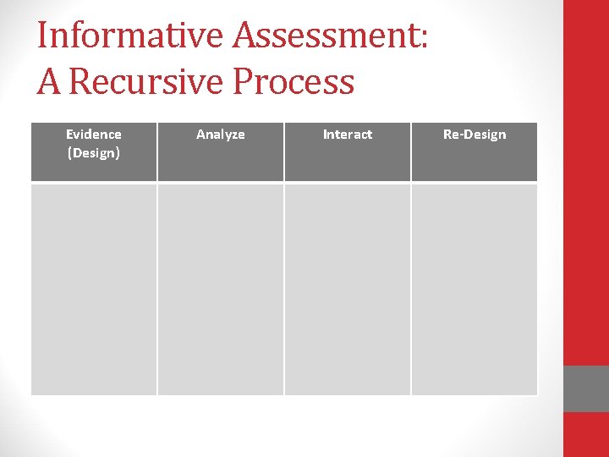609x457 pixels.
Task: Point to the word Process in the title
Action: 294,82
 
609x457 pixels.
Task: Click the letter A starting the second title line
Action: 48,82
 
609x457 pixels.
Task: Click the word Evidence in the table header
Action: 94,134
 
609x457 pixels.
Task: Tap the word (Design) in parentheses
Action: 94,152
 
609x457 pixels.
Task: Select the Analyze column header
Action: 221,134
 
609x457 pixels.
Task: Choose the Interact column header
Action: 348,134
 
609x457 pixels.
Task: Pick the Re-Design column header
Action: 475,134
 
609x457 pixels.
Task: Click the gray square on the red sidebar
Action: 586,388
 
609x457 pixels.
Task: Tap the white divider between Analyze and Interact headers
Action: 284,152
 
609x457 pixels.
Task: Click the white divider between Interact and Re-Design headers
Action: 411,152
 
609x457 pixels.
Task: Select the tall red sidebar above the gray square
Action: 586,182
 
